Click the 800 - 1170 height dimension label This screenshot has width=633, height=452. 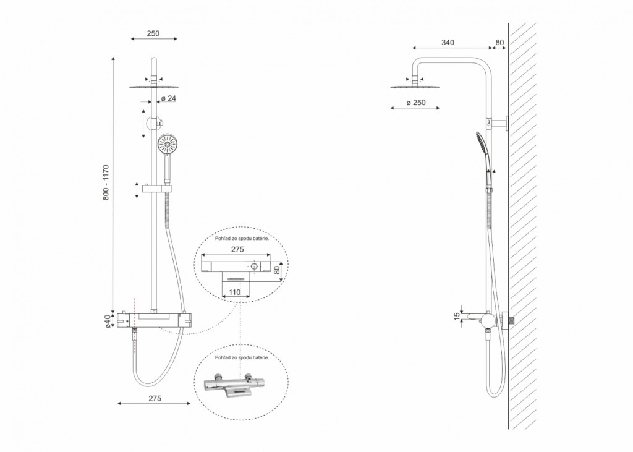[106, 182]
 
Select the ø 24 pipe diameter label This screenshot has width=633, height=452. [168, 98]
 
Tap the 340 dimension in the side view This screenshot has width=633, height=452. [448, 43]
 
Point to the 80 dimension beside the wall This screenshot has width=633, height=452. [499, 43]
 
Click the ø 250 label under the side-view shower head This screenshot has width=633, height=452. [416, 103]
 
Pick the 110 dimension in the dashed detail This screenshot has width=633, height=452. [234, 292]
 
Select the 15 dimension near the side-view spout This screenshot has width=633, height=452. [457, 317]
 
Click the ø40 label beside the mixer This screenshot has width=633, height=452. [108, 321]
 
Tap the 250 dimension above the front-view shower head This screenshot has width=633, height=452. [153, 33]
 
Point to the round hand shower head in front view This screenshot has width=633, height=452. [167, 145]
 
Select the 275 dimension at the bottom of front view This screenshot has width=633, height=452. [155, 398]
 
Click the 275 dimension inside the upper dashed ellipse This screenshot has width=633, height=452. [237, 250]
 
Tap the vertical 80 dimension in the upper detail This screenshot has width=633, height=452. [277, 270]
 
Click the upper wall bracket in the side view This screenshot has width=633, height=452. [497, 122]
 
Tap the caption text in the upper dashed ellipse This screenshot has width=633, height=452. [242, 239]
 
